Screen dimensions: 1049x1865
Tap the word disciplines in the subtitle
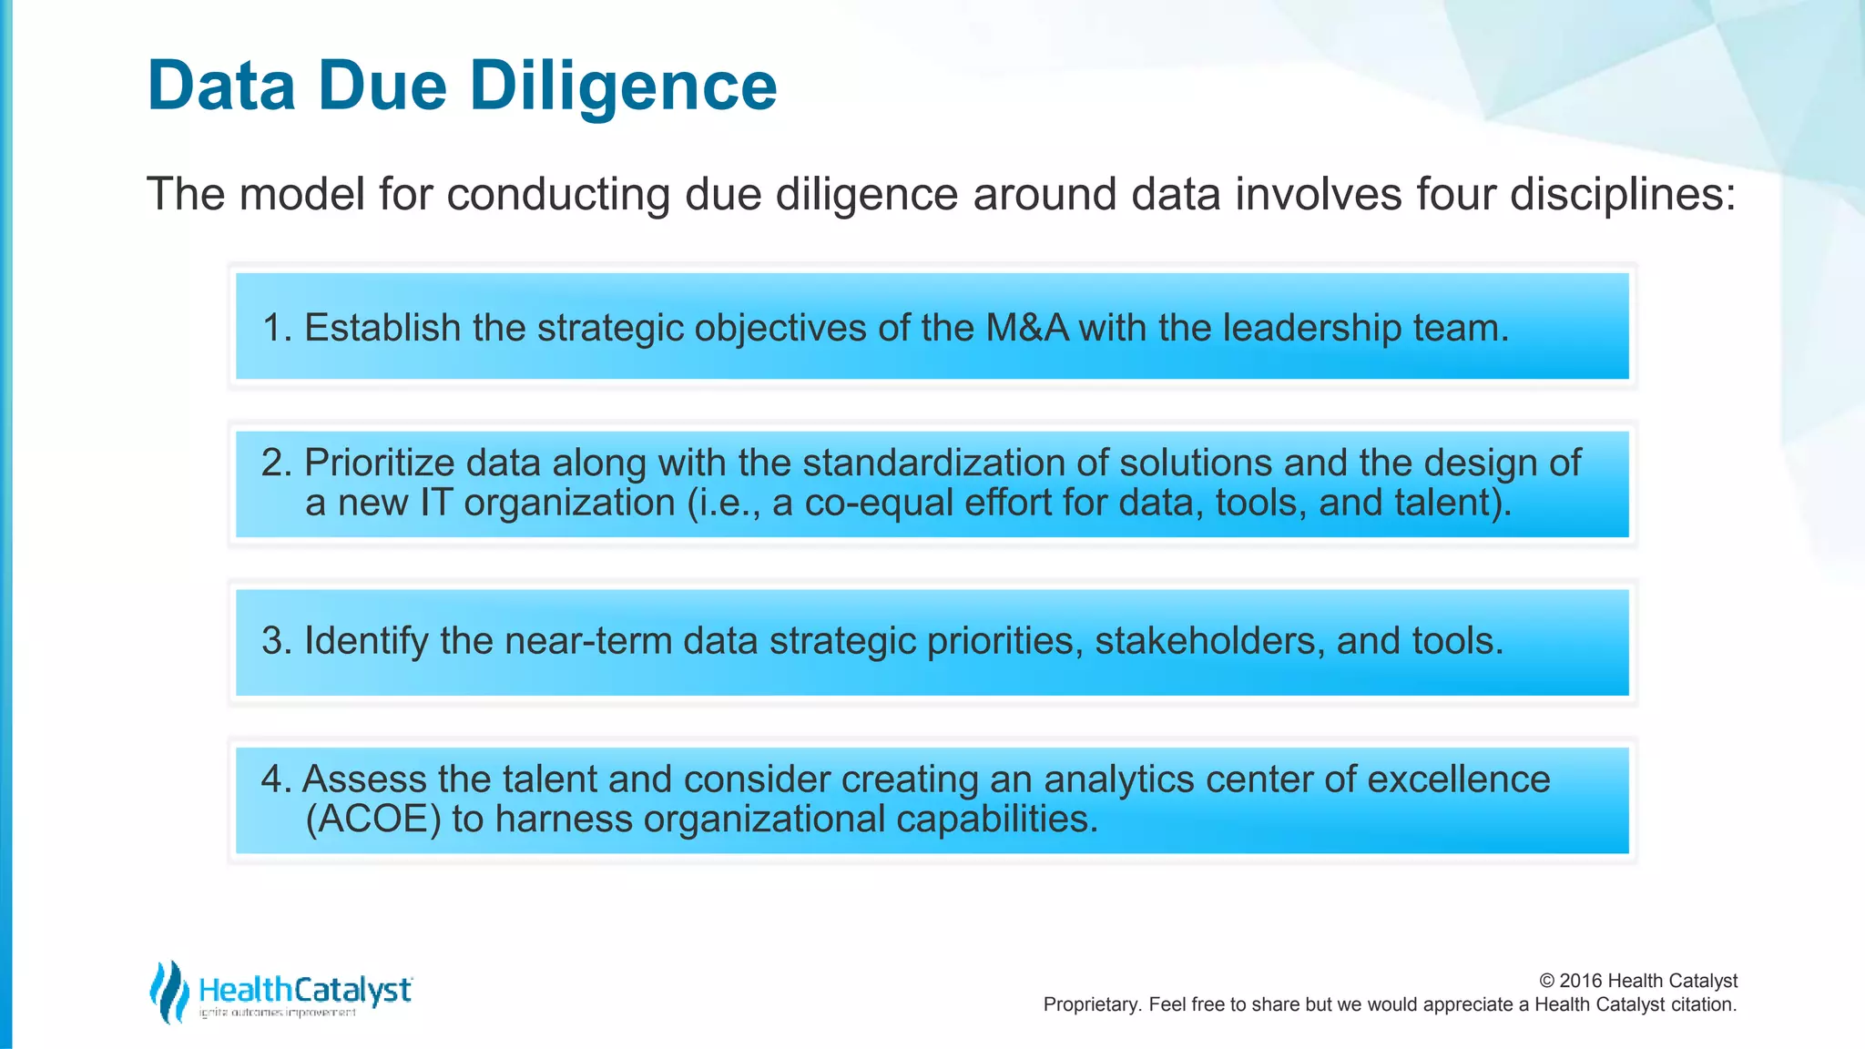tap(1623, 194)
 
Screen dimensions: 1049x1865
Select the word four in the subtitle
tap(1454, 194)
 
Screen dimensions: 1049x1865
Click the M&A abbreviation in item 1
tap(1027, 328)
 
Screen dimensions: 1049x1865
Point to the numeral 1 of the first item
tap(271, 328)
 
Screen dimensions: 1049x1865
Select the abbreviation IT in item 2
tap(435, 503)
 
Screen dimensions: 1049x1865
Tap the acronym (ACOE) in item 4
tap(373, 820)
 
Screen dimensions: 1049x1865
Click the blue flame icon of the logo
tap(168, 991)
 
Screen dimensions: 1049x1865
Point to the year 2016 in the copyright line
tap(1581, 981)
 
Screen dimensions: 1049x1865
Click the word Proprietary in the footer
tap(1091, 1004)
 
